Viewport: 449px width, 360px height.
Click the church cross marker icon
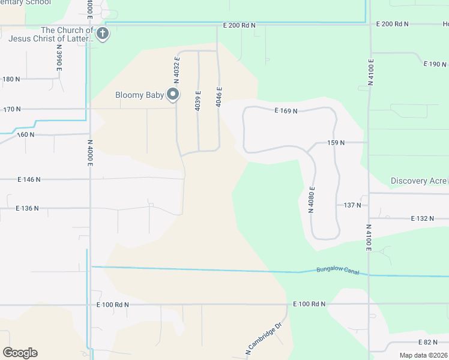pos(103,34)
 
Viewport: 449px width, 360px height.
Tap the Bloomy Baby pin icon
pos(173,94)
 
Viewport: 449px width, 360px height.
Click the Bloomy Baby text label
pos(139,95)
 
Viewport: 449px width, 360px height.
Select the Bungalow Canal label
pos(337,271)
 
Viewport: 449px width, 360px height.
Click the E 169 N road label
pos(286,111)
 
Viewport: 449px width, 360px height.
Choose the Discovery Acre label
pos(418,181)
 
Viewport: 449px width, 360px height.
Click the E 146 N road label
pos(29,179)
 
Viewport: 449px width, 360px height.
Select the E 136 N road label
pos(27,208)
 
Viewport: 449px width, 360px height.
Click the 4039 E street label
pos(198,101)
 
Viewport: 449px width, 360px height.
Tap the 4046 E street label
pos(220,97)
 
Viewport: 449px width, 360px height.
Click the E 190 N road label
pos(435,64)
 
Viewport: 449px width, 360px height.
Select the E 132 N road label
pos(423,218)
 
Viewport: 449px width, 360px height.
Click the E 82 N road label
pos(427,342)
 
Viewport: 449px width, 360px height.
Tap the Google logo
pos(20,353)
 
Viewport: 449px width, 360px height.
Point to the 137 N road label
pos(352,205)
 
